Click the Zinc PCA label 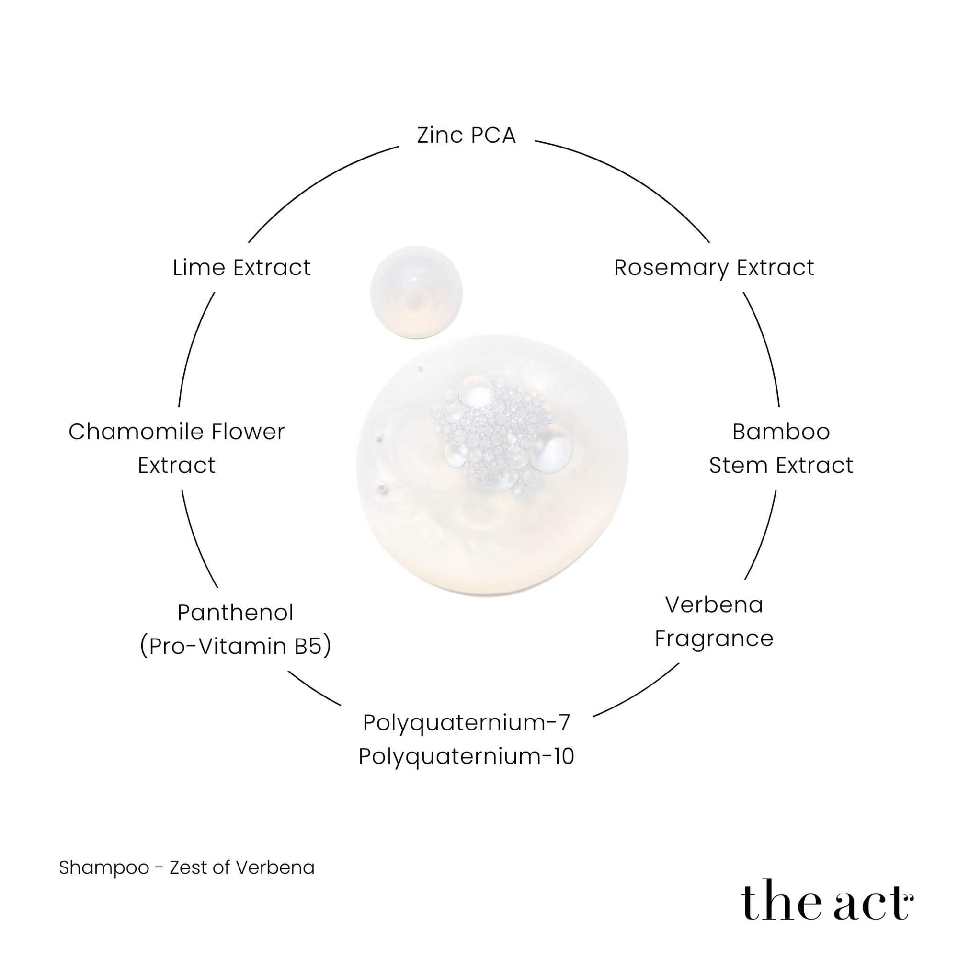(x=466, y=136)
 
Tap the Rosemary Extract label (x=714, y=268)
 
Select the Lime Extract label (x=241, y=268)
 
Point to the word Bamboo (x=781, y=432)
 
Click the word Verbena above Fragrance (x=714, y=605)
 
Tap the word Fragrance (x=714, y=639)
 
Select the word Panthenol (x=236, y=613)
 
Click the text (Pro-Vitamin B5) (x=236, y=647)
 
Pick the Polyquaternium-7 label (x=467, y=723)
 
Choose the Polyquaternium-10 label (x=467, y=757)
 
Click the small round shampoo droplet (x=416, y=293)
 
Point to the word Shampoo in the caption (x=104, y=868)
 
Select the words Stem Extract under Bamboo (x=781, y=466)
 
